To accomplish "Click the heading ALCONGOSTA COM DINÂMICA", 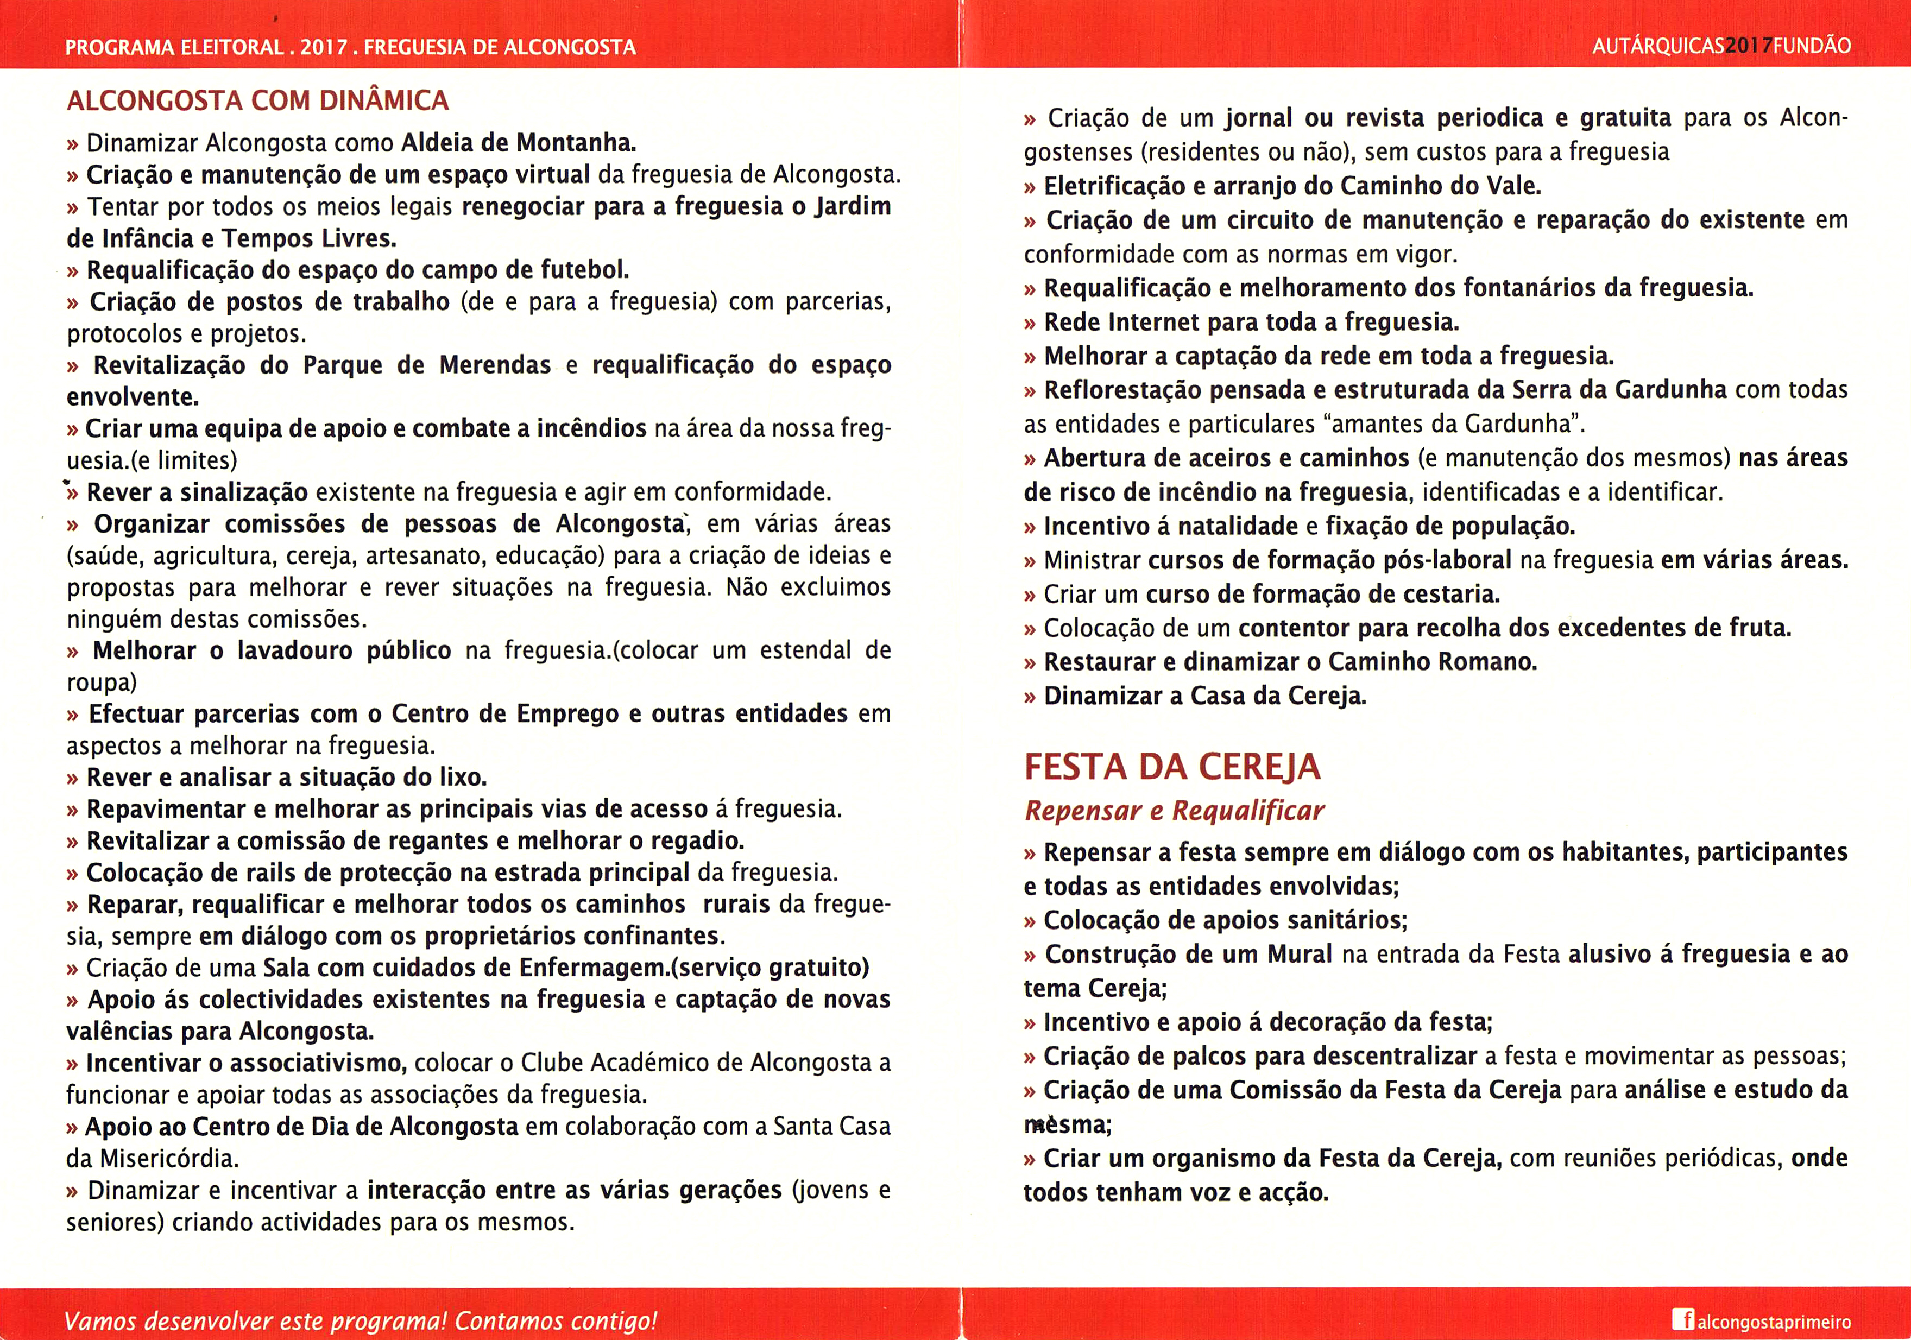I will click(x=257, y=100).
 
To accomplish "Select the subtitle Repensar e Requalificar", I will click(x=1174, y=811).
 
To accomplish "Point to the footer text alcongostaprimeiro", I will click(x=1774, y=1322).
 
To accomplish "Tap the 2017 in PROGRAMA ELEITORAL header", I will click(x=324, y=47).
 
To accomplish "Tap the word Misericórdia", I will click(x=169, y=1159).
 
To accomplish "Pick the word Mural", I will click(x=1299, y=954).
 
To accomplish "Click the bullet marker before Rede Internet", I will click(x=1030, y=323).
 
